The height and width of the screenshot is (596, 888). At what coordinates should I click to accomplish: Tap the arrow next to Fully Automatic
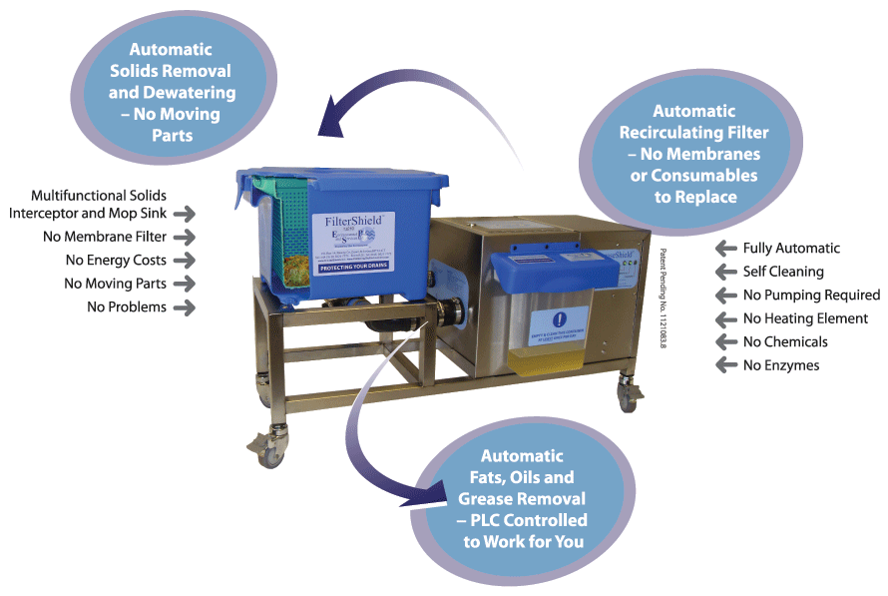coord(726,249)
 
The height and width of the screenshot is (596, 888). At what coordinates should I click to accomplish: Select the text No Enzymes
coord(781,365)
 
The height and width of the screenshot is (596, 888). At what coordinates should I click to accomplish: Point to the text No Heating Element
coord(805,318)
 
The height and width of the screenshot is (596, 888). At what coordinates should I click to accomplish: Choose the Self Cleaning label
coord(783,272)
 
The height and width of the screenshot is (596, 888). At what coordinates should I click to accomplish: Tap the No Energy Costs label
coord(116,261)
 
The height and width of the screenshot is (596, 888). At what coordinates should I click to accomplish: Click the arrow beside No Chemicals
coord(726,342)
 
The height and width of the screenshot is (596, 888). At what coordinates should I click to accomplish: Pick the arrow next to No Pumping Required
coord(726,296)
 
